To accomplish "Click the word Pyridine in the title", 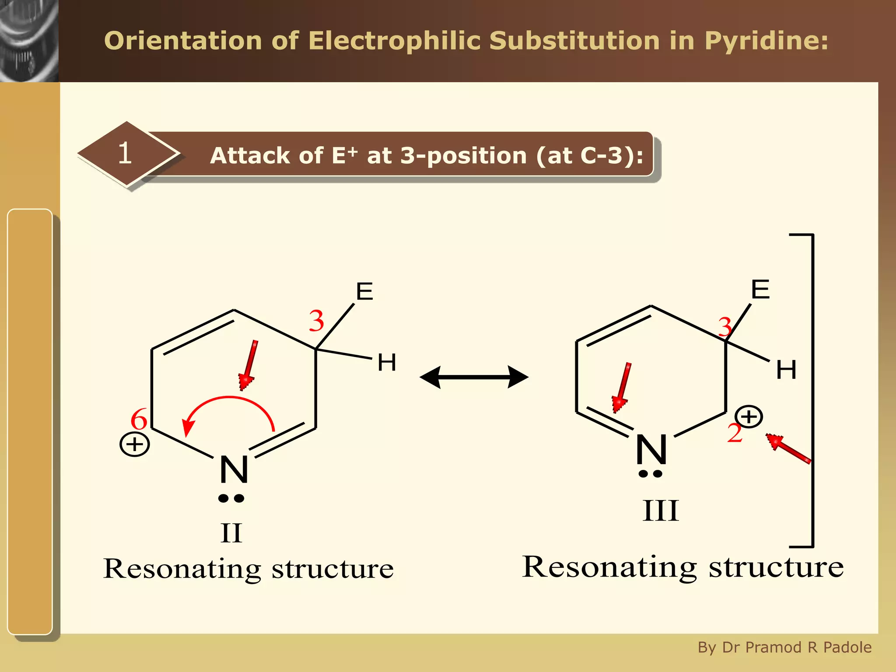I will click(x=766, y=41).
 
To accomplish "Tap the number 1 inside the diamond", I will click(x=125, y=153).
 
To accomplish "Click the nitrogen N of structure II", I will click(x=234, y=469).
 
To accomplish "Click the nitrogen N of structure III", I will click(x=651, y=449).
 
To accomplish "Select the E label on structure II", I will click(x=364, y=291).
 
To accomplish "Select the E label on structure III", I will click(x=760, y=289).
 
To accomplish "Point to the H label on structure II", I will click(x=387, y=362).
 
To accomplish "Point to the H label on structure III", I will click(x=786, y=370).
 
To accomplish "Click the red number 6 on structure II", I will click(x=139, y=419).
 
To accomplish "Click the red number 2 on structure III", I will click(x=735, y=433).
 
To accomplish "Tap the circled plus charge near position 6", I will click(x=135, y=444).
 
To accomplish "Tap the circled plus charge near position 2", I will click(x=749, y=416).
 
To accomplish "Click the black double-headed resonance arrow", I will click(x=474, y=377).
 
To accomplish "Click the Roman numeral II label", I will click(x=231, y=533).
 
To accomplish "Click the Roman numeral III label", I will click(x=661, y=511).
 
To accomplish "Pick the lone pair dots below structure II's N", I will click(x=231, y=498).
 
